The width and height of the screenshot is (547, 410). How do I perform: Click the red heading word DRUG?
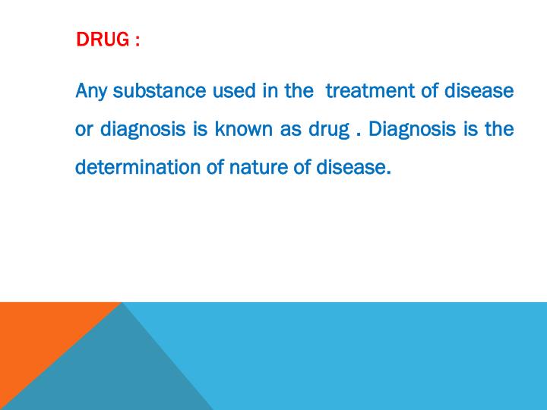click(101, 39)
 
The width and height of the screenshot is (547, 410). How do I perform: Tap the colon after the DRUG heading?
click(137, 40)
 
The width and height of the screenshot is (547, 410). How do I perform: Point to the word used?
click(232, 91)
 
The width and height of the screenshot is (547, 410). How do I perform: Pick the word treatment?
click(369, 91)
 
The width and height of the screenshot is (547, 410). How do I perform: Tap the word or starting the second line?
click(83, 129)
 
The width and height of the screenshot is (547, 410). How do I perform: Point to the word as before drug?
click(291, 129)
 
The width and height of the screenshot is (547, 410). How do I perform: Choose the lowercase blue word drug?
click(328, 129)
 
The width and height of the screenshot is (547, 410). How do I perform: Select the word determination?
click(138, 166)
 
